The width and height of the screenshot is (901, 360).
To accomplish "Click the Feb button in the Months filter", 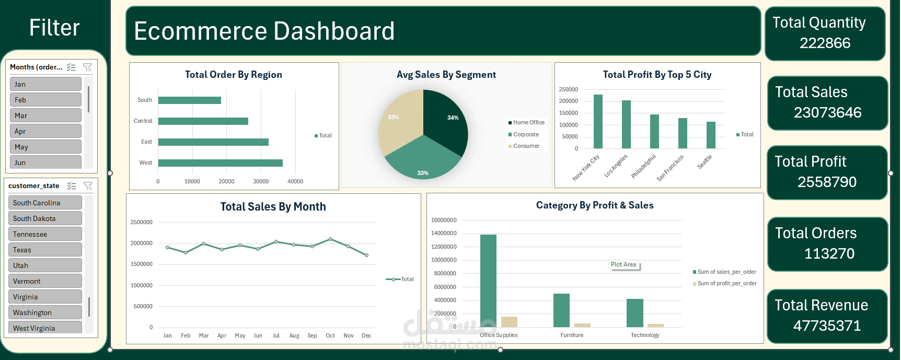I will (45, 100).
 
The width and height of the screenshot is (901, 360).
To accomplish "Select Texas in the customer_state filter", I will (45, 250).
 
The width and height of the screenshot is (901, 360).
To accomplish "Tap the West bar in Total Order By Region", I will (220, 163).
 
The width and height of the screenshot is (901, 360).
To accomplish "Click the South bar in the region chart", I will (189, 100).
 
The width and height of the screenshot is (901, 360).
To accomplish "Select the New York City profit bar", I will (598, 121).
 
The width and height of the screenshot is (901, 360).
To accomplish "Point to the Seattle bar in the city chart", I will (711, 135).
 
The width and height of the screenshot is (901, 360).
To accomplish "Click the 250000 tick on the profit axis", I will (568, 89).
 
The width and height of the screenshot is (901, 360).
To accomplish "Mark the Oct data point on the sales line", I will (330, 239).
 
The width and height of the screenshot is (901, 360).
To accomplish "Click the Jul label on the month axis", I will (276, 335).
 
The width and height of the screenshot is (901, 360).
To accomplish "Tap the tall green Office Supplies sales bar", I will (488, 281).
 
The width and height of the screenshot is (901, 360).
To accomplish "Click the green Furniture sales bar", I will (561, 310).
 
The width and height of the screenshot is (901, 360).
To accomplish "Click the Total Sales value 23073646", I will (827, 112).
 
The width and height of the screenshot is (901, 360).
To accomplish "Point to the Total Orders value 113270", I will (829, 253).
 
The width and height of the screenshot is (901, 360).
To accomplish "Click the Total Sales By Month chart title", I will (273, 207).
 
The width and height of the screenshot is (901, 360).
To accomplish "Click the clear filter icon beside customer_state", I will (88, 186).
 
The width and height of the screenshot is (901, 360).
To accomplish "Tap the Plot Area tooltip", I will (623, 264).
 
